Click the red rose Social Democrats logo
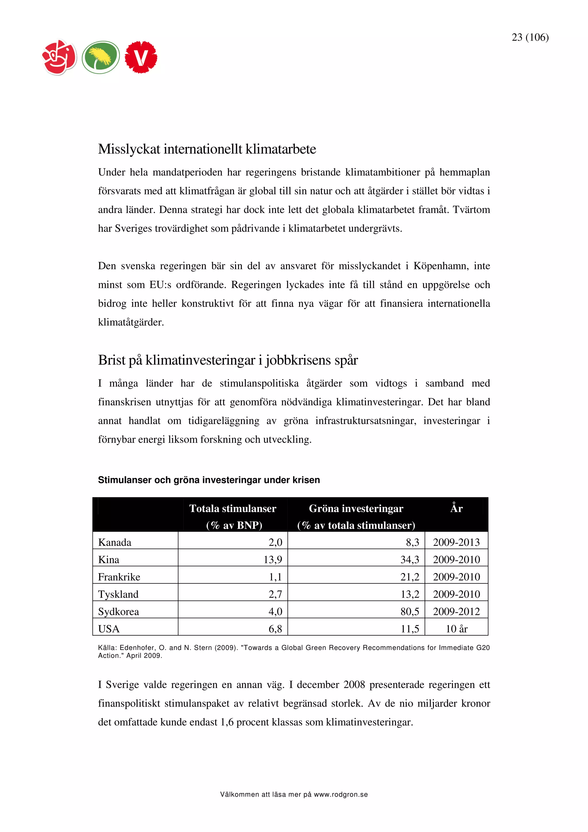(x=59, y=57)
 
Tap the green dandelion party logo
(x=100, y=57)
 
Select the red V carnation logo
(x=141, y=57)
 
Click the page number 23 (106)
(x=530, y=37)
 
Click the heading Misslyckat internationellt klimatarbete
(x=207, y=149)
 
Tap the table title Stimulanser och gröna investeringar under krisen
(x=209, y=480)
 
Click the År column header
(x=456, y=509)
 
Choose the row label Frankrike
(x=119, y=576)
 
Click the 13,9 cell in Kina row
(x=273, y=560)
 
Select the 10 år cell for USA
(x=456, y=629)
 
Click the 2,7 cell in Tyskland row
(x=275, y=594)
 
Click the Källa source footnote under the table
(x=293, y=651)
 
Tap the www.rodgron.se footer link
(x=341, y=794)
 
